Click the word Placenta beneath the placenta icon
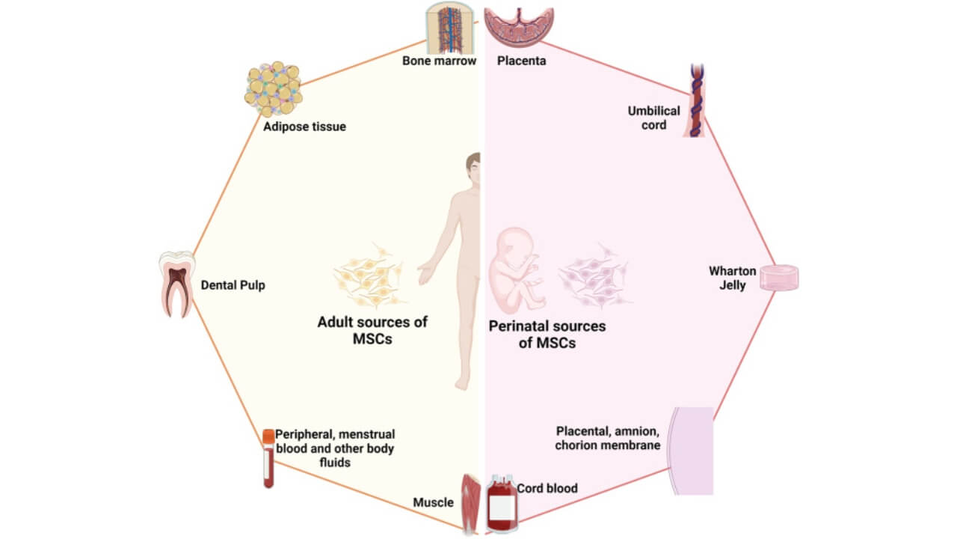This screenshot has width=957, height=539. click(521, 61)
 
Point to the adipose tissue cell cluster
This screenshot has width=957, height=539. click(273, 89)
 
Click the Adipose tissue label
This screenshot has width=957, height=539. click(304, 127)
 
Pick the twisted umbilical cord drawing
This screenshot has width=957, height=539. click(695, 100)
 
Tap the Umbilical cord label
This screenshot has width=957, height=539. click(653, 118)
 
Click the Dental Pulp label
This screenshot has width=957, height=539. click(233, 285)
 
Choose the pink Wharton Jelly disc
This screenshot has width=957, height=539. click(779, 278)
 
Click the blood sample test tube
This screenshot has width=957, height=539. click(268, 458)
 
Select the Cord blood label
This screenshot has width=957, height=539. click(547, 488)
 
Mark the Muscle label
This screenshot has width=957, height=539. click(433, 502)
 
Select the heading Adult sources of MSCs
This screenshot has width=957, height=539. click(372, 329)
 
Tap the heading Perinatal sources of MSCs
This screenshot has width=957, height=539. click(547, 334)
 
